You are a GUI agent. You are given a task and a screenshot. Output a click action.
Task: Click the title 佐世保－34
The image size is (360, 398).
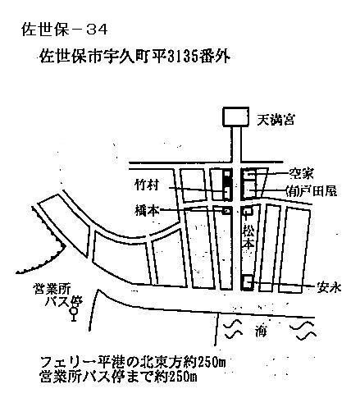tap(64, 30)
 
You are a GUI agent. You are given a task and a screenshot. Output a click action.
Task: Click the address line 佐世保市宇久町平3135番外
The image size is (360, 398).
tap(134, 57)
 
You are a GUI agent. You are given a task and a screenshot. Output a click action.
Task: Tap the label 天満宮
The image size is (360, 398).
tap(276, 120)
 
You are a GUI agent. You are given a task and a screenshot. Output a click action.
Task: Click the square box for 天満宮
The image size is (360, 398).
tap(236, 117)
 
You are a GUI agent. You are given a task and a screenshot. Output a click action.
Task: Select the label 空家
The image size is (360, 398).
tap(301, 173)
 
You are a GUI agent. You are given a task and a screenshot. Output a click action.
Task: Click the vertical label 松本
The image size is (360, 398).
tap(248, 237)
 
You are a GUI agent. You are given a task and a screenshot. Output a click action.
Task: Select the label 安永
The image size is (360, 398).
tap(329, 287)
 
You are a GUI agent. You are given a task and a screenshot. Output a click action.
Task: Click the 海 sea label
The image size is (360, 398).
tap(261, 331)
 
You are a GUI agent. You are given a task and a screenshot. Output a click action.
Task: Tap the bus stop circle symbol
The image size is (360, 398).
tap(73, 311)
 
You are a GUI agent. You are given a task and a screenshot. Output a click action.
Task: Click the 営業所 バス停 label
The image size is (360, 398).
tap(57, 295)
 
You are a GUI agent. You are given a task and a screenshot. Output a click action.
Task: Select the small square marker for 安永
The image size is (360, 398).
tap(248, 281)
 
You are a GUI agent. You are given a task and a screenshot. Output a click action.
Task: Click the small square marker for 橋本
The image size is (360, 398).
tap(226, 211)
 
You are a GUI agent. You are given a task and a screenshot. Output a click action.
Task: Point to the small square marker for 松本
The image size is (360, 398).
tap(248, 211)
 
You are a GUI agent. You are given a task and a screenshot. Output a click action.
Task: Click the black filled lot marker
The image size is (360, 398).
tap(226, 177)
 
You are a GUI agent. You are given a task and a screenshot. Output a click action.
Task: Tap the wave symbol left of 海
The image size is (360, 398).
tap(233, 330)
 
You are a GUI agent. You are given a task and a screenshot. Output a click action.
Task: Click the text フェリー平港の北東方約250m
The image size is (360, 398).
tap(133, 363)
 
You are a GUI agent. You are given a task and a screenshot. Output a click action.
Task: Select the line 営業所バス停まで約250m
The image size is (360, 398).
tap(118, 377)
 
